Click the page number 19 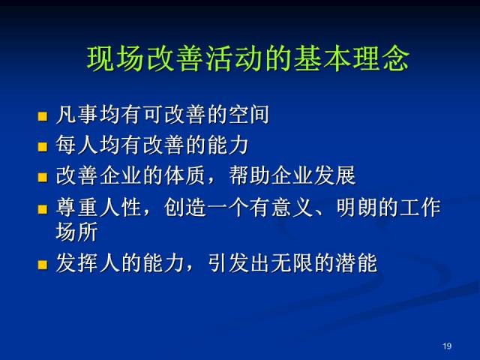[447, 346]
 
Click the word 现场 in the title [115, 59]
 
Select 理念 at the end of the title [381, 59]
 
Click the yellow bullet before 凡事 [43, 116]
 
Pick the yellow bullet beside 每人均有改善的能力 [43, 147]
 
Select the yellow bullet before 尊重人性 [43, 209]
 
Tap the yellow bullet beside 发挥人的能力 [43, 265]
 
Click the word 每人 [76, 145]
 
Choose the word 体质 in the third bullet [184, 175]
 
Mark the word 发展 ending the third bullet [335, 175]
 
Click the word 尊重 [76, 208]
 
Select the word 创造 [184, 208]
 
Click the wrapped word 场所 [76, 232]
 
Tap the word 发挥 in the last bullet [76, 263]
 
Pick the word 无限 [292, 263]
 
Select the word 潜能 [356, 263]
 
